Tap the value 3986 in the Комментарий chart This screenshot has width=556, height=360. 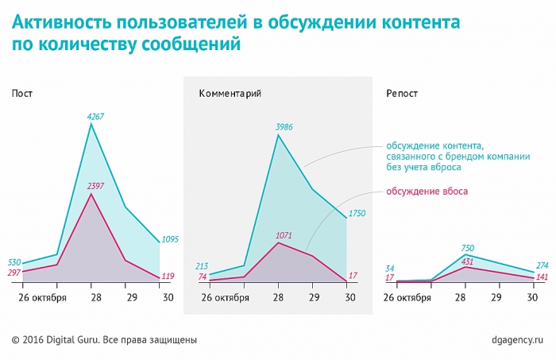[283, 126]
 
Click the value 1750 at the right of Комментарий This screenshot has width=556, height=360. [358, 214]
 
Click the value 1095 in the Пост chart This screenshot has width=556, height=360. [172, 239]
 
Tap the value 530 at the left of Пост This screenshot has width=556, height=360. [14, 261]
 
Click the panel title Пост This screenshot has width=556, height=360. [22, 94]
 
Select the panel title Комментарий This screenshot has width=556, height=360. [230, 94]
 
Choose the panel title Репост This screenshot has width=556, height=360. [402, 94]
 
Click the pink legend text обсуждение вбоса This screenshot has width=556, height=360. [427, 192]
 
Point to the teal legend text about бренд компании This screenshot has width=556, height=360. [458, 157]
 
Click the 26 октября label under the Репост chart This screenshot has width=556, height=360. [407, 297]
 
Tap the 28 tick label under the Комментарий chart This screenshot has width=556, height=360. [278, 297]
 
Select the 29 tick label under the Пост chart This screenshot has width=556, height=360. [125, 297]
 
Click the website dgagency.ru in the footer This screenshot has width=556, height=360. [519, 340]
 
